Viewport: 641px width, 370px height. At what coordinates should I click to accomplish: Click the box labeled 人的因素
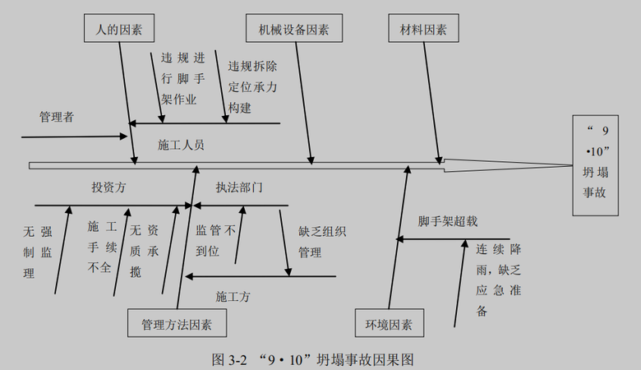[x=119, y=30]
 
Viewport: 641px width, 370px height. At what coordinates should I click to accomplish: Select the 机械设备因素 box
[x=293, y=30]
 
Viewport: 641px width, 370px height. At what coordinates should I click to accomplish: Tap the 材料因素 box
[x=423, y=30]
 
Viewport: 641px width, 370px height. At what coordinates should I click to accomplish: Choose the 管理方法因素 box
[x=177, y=323]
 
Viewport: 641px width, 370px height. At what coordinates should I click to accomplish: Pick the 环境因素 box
[x=390, y=323]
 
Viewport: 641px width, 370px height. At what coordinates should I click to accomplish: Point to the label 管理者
[x=56, y=117]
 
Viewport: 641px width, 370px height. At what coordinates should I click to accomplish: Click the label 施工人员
[x=181, y=145]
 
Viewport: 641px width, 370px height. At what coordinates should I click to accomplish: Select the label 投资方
[x=108, y=187]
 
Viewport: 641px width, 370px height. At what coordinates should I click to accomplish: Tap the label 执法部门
[x=239, y=187]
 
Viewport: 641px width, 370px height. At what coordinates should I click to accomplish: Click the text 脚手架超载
[x=447, y=221]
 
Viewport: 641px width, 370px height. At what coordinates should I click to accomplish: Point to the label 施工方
[x=233, y=295]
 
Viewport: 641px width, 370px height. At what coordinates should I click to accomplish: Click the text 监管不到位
[x=215, y=242]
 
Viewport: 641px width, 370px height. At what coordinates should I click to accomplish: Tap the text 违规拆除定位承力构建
[x=252, y=86]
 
